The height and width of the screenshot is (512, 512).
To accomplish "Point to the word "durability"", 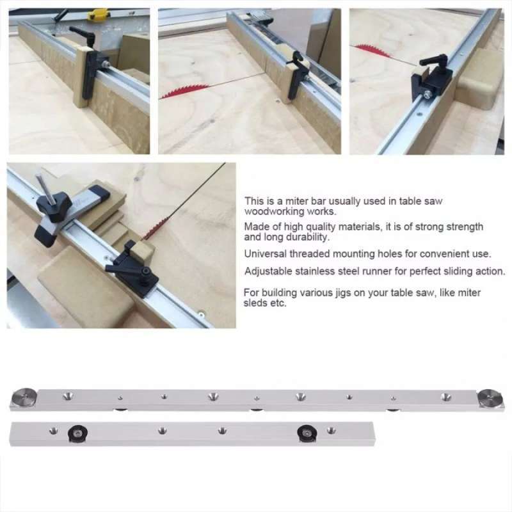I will (307, 237).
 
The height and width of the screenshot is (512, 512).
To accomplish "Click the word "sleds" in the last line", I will (257, 303).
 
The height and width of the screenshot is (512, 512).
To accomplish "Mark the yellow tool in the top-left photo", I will (97, 13).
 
